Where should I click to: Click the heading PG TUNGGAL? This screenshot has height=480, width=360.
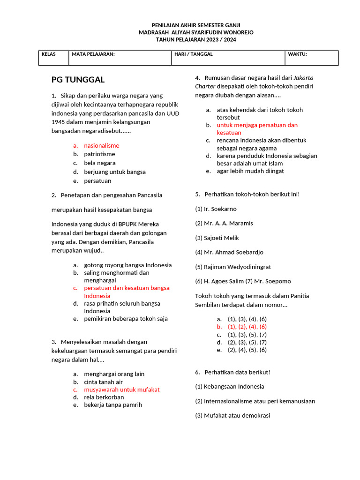[x=78, y=79]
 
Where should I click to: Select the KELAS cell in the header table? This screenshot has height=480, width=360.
[x=49, y=54]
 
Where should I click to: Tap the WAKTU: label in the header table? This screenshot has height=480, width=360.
[x=297, y=54]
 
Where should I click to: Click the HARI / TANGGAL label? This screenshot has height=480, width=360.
[x=194, y=54]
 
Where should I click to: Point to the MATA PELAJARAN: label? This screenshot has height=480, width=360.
[x=93, y=54]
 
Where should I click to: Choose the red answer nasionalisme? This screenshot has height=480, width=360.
[x=101, y=145]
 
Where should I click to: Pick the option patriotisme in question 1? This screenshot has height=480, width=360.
[x=99, y=154]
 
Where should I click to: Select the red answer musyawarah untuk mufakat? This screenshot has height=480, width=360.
[x=121, y=390]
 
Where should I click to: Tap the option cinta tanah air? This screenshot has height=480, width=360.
[x=103, y=382]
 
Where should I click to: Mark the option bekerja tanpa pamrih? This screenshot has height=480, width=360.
[x=112, y=405]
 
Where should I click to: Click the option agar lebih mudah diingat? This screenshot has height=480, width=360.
[x=250, y=171]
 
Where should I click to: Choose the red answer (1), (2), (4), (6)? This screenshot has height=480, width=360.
[x=247, y=327]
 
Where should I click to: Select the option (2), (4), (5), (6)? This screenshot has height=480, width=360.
[x=247, y=350]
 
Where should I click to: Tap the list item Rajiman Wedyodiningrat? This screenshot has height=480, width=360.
[x=237, y=267]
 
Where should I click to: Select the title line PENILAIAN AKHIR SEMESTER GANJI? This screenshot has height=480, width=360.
[x=196, y=25]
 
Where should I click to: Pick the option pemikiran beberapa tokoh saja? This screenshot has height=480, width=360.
[x=126, y=319]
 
